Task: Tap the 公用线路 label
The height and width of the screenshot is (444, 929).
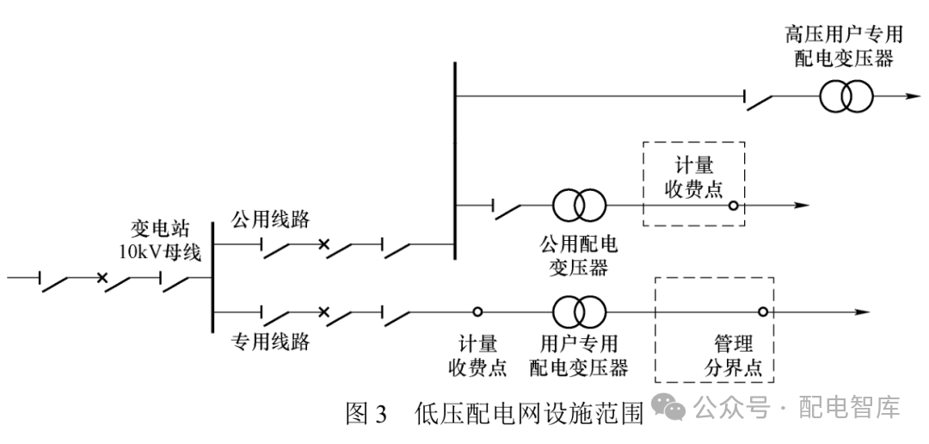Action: (x=269, y=217)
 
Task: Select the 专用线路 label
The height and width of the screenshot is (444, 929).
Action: (x=270, y=342)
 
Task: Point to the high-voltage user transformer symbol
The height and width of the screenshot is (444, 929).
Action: (x=845, y=97)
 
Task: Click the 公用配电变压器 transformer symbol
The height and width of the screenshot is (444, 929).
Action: (x=579, y=206)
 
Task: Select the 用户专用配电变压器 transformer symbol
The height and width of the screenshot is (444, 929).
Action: (x=579, y=311)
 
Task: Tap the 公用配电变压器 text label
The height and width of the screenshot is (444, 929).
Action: (x=578, y=256)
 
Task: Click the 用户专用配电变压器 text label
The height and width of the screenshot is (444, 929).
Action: (x=578, y=356)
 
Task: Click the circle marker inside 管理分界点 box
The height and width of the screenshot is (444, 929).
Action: (x=762, y=312)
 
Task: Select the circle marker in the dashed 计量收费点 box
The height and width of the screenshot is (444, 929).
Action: (x=732, y=206)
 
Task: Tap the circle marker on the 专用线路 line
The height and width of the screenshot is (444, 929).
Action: (x=477, y=311)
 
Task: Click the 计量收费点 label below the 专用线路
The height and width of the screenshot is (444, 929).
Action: (x=477, y=356)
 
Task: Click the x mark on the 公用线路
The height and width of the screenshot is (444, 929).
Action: (x=323, y=245)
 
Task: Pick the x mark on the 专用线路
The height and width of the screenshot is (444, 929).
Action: (x=323, y=311)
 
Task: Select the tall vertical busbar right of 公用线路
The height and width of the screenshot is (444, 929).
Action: (x=453, y=159)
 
